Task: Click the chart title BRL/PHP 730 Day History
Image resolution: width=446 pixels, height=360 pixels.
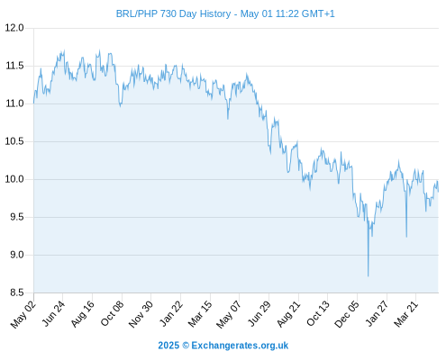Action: coord(173,13)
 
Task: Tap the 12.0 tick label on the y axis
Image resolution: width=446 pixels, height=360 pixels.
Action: coord(14,28)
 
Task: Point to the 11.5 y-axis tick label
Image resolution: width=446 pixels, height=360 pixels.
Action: coord(14,66)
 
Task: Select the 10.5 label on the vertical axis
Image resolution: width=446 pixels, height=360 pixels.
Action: coord(14,141)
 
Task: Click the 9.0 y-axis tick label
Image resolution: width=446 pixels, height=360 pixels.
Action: coord(17,255)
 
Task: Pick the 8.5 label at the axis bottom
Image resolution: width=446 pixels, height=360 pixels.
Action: coord(17,292)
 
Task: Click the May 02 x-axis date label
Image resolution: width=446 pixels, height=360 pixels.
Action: coord(23,314)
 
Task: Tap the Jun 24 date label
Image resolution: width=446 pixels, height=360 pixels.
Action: coord(53,313)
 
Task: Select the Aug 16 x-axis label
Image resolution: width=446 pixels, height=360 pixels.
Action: coord(83,313)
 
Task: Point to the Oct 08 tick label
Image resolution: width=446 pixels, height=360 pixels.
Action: coord(112,313)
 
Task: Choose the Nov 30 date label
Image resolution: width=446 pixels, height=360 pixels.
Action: coord(141,314)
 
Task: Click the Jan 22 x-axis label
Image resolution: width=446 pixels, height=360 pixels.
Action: coord(171,313)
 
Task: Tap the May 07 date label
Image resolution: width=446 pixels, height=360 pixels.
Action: coord(229,314)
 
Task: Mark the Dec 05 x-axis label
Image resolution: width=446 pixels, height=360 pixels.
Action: coord(347,314)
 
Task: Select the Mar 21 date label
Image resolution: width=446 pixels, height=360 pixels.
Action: coord(406,313)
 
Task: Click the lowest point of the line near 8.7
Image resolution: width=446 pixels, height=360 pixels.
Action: coord(368,276)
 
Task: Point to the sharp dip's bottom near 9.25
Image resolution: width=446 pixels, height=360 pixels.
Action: coord(406,237)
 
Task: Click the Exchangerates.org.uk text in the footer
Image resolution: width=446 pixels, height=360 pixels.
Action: coord(240,346)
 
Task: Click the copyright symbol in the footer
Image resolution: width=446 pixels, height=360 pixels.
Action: coord(186,346)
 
